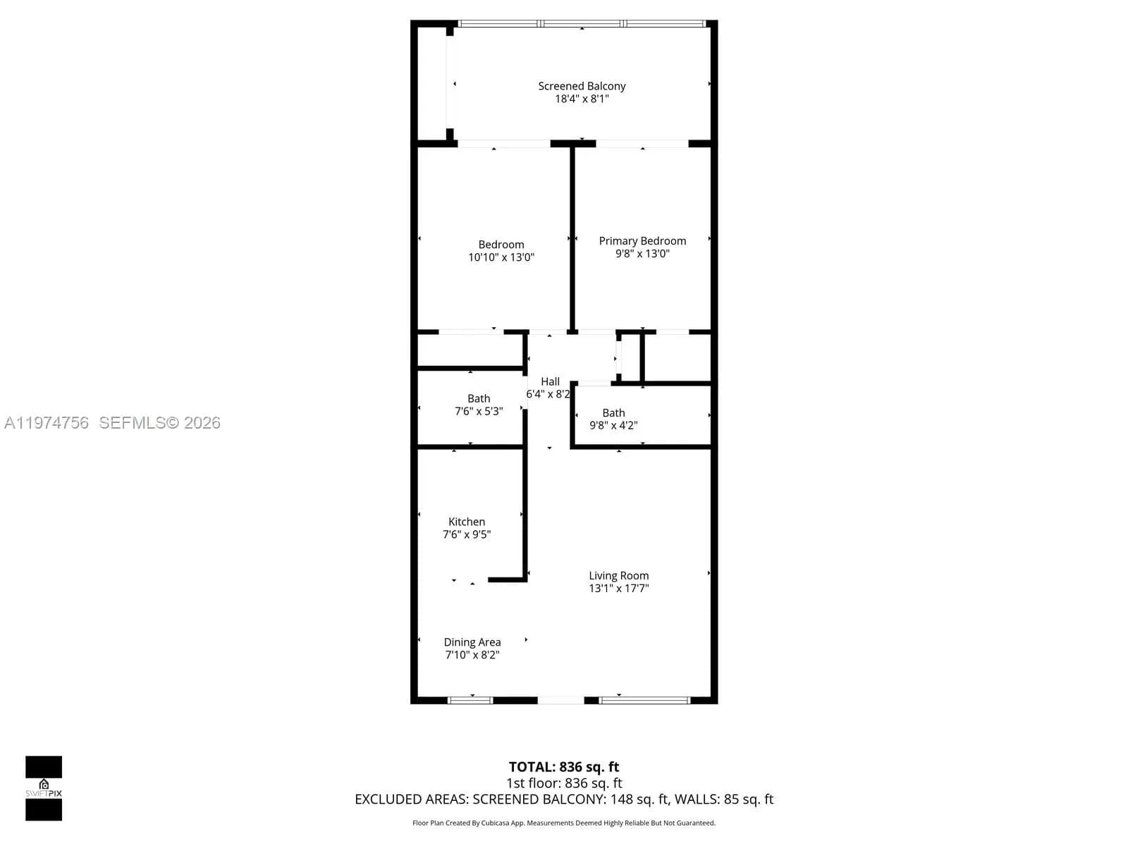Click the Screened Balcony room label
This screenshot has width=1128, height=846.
pos(582,86)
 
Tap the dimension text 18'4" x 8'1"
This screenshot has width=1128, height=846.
pos(582,99)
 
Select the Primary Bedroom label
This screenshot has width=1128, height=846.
pos(642,241)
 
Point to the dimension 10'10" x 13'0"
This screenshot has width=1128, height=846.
pos(501,257)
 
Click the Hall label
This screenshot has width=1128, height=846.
pos(550,381)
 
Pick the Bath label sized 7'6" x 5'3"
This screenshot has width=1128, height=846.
pos(479,398)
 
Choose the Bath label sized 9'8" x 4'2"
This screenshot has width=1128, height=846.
pos(613,412)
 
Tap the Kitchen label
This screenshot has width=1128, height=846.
pos(467,522)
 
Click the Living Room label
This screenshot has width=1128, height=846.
pos(618,575)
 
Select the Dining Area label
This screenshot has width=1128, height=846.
pos(472,642)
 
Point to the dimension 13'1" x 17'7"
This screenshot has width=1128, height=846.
pos(618,588)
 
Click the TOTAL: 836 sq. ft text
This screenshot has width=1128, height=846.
pos(564,767)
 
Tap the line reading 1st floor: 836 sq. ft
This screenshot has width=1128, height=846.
pos(564,783)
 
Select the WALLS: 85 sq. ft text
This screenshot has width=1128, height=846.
pos(724,799)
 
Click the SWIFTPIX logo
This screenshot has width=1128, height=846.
pos(44,787)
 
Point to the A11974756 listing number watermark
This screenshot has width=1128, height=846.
pos(47,423)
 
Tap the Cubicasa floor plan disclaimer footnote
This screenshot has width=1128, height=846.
pos(564,823)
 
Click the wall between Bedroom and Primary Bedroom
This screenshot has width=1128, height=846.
pos(572,238)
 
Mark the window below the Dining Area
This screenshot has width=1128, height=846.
pos(470,700)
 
